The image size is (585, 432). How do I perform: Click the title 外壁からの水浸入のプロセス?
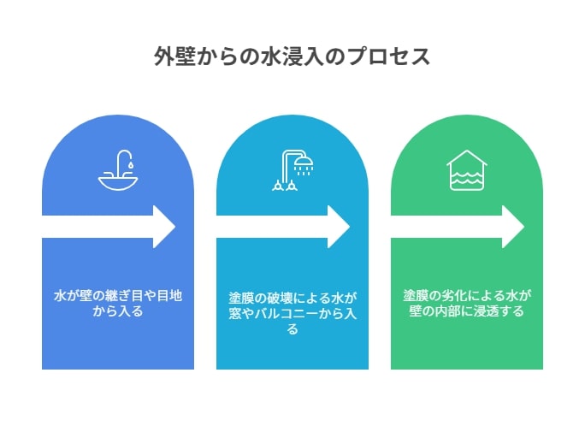pyautogui.click(x=292, y=56)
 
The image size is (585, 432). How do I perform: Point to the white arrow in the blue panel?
pyautogui.click(x=109, y=227)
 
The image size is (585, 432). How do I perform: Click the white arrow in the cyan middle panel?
pyautogui.click(x=283, y=227)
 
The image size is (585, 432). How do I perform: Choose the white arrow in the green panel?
pyautogui.click(x=458, y=227)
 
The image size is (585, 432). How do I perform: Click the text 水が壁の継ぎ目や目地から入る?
pyautogui.click(x=118, y=304)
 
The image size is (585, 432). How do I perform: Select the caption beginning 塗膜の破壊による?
pyautogui.click(x=292, y=313)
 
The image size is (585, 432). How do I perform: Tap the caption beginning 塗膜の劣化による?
pyautogui.click(x=467, y=304)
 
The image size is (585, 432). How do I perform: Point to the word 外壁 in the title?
pyautogui.click(x=174, y=56)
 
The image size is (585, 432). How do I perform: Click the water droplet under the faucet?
pyautogui.click(x=130, y=164)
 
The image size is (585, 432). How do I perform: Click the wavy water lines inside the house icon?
pyautogui.click(x=467, y=178)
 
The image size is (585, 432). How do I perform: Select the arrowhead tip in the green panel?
pyautogui.click(x=523, y=227)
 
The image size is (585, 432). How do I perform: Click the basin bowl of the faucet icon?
pyautogui.click(x=118, y=185)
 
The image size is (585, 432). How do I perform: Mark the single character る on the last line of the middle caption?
pyautogui.click(x=292, y=329)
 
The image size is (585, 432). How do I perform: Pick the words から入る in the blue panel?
pyautogui.click(x=118, y=311)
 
